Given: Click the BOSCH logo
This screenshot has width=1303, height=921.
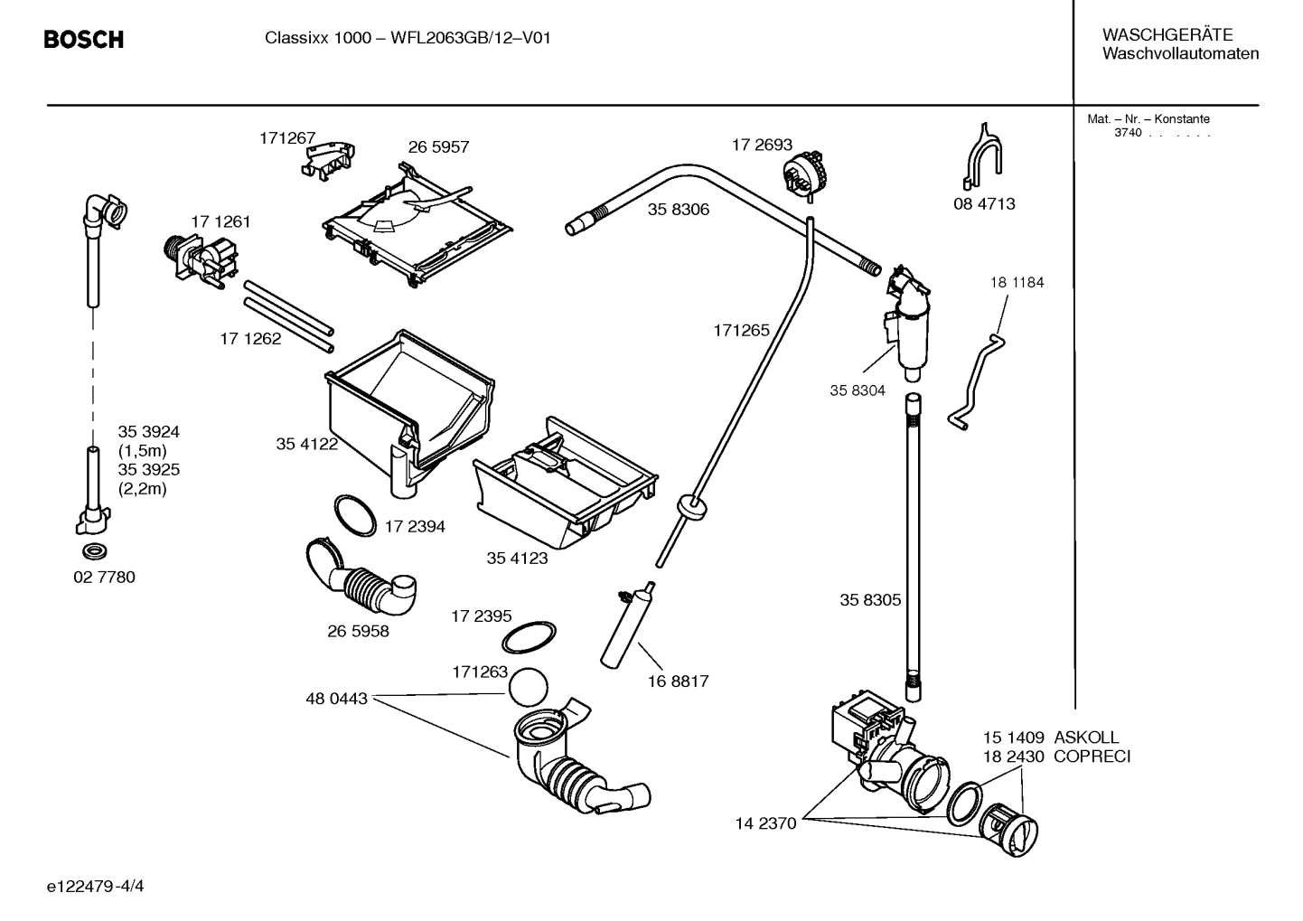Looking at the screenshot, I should tap(83, 40).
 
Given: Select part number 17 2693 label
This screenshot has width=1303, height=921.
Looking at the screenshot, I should tap(761, 145).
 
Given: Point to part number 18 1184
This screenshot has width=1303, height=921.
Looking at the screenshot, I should tap(1017, 282).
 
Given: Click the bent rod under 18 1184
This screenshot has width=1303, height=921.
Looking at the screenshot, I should tap(979, 380).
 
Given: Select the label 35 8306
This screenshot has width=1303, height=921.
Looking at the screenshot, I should tap(678, 210).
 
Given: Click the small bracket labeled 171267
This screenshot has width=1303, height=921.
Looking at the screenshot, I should tap(327, 158).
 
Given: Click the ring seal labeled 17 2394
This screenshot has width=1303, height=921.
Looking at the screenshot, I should tap(354, 516).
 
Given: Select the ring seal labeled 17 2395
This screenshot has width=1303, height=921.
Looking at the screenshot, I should tap(529, 636).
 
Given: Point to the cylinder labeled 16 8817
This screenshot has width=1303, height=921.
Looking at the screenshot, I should tap(624, 623).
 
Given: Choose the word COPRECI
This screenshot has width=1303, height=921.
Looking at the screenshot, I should tap(1092, 757).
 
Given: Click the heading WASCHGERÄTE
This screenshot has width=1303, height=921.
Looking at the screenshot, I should tap(1167, 35).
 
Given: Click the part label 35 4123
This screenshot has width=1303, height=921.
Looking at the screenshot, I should tap(517, 559).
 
